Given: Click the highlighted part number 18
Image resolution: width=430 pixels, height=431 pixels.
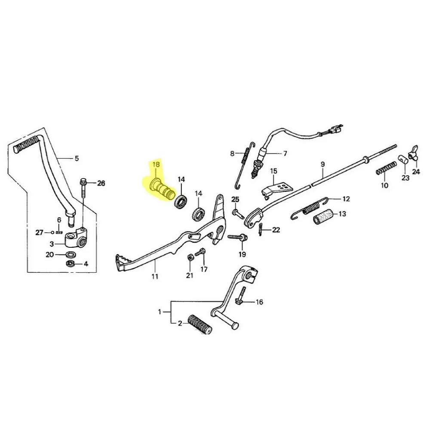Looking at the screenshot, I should pyautogui.click(x=155, y=165).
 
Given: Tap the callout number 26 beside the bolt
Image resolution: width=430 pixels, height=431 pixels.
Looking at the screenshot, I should pyautogui.click(x=101, y=183).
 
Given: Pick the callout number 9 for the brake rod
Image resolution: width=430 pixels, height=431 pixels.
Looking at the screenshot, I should pyautogui.click(x=323, y=164).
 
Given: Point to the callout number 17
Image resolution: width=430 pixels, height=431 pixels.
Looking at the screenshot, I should pyautogui.click(x=204, y=270).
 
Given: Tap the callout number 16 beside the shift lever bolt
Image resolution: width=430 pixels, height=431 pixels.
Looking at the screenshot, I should pyautogui.click(x=259, y=302).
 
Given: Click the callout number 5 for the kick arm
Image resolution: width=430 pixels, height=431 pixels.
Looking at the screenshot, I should pyautogui.click(x=77, y=158).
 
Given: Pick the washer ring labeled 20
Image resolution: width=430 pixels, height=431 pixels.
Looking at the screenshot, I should pyautogui.click(x=71, y=254).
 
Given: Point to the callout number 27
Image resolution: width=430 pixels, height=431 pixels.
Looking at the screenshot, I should pyautogui.click(x=39, y=233).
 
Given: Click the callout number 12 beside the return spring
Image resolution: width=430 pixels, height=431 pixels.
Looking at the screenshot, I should pyautogui.click(x=346, y=199).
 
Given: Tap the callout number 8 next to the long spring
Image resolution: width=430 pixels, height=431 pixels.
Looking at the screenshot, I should pyautogui.click(x=233, y=153).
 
